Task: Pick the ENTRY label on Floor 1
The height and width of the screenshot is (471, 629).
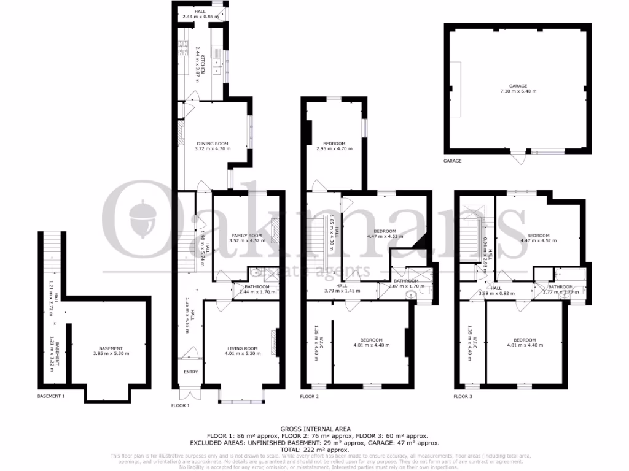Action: (x=191, y=372)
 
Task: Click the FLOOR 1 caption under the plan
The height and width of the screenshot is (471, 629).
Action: (x=180, y=406)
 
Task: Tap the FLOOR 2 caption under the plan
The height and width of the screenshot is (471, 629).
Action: (x=310, y=397)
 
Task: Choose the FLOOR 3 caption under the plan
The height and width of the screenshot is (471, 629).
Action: (x=464, y=397)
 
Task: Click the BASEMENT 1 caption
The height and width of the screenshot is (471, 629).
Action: (x=51, y=396)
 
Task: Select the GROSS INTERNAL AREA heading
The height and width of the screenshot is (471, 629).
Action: (x=315, y=428)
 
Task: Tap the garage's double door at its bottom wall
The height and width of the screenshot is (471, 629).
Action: (x=521, y=156)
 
